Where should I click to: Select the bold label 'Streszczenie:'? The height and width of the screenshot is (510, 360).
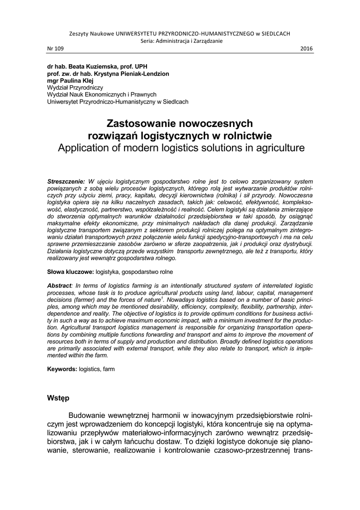click(66, 182)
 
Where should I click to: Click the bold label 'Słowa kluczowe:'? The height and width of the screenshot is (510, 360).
click(70, 272)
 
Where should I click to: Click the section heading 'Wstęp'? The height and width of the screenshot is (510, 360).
click(58, 398)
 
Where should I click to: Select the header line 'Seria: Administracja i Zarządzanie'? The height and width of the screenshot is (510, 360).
click(180, 41)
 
